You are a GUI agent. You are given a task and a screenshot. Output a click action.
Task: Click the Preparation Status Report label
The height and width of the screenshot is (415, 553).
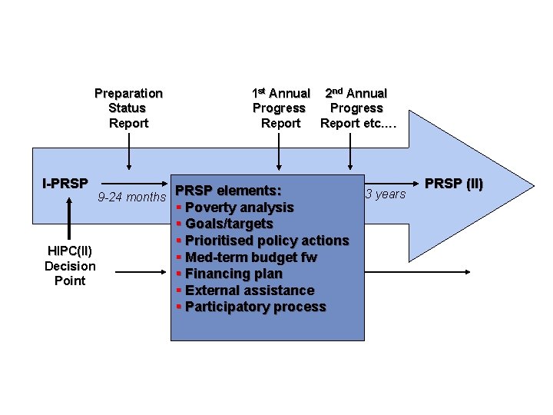pyautogui.click(x=128, y=108)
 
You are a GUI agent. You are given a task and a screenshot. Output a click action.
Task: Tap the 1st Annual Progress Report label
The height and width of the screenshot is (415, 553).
pyautogui.click(x=280, y=108)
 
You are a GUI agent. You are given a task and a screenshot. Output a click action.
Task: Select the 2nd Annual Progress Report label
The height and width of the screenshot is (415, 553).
pyautogui.click(x=356, y=108)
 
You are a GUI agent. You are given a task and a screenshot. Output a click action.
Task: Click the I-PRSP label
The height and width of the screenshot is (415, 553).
pyautogui.click(x=65, y=184)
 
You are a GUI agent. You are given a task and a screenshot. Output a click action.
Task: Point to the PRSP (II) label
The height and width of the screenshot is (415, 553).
pyautogui.click(x=454, y=184)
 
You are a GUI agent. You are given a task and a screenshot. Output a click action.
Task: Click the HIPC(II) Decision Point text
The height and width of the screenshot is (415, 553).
pyautogui.click(x=70, y=266)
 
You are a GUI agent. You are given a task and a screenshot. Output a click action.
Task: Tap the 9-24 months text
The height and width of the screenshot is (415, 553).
pyautogui.click(x=132, y=198)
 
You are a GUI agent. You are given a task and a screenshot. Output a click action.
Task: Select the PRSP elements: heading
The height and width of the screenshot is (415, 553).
pyautogui.click(x=228, y=190)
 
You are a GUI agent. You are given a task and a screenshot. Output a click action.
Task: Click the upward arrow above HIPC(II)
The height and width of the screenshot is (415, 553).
pyautogui.click(x=69, y=219)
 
